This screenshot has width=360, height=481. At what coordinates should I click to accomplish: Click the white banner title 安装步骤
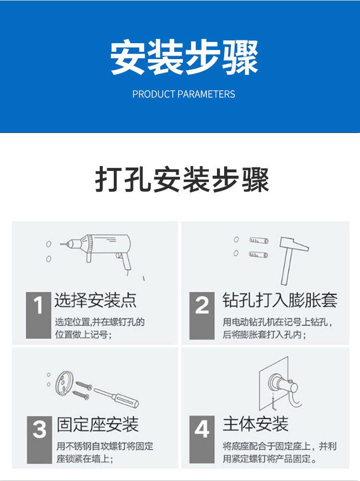[x=184, y=58]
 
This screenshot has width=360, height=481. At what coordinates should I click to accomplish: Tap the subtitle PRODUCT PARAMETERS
[x=184, y=94]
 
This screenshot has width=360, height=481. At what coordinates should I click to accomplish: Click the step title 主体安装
[x=255, y=424]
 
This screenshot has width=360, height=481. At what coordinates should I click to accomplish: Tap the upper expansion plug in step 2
[x=258, y=241]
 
